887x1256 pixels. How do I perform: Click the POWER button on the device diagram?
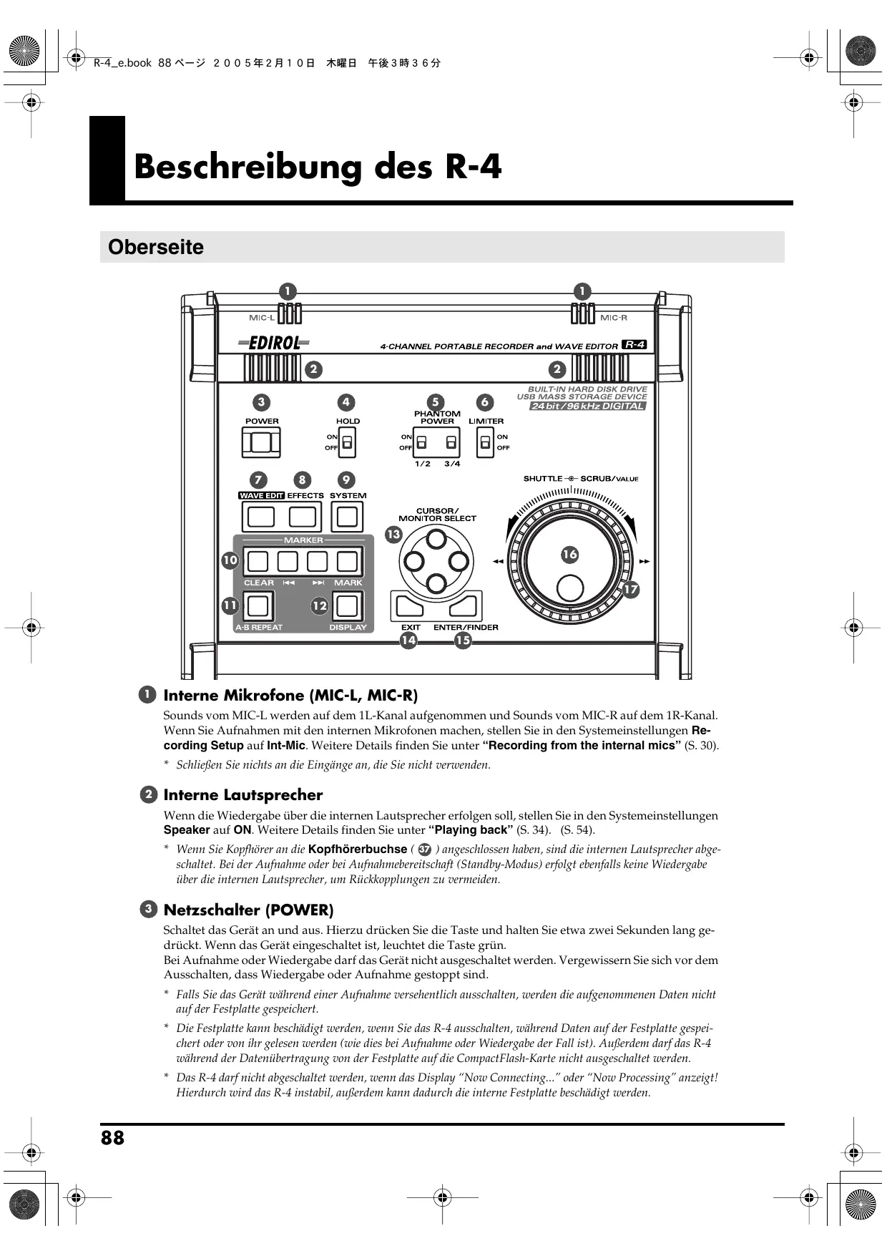[x=261, y=443]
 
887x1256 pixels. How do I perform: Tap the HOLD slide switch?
[x=347, y=442]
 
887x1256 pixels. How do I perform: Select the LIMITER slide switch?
[x=486, y=443]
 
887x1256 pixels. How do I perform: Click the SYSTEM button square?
[x=347, y=517]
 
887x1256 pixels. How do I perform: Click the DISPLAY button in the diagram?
[x=347, y=606]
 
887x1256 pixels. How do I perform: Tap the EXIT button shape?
[x=408, y=607]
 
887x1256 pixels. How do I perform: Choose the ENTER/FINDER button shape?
[x=464, y=607]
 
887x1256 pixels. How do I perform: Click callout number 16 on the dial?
[x=569, y=554]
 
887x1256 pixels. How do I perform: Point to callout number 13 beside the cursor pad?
[x=393, y=534]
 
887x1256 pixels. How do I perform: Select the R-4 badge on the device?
[x=634, y=345]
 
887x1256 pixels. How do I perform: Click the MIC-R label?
[x=614, y=318]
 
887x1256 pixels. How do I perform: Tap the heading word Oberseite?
[x=156, y=248]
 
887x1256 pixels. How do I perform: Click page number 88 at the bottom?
[x=112, y=1138]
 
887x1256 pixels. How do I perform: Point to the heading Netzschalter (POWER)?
[x=248, y=910]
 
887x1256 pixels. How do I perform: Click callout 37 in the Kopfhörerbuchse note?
[x=424, y=849]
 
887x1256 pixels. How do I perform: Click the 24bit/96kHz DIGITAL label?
[x=587, y=407]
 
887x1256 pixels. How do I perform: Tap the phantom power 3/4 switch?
[x=451, y=442]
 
